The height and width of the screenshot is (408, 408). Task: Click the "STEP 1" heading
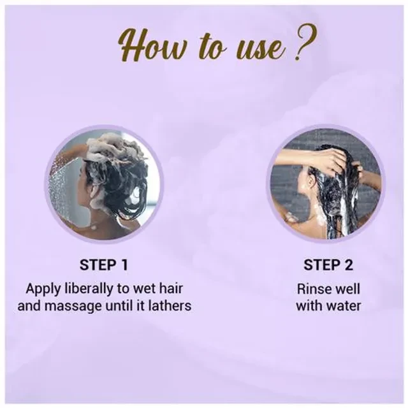pyautogui.click(x=104, y=265)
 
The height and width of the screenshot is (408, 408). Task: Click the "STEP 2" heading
pyautogui.click(x=328, y=265)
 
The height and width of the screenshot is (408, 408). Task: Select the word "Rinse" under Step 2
pyautogui.click(x=312, y=289)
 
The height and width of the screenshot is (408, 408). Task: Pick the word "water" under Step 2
pyautogui.click(x=344, y=305)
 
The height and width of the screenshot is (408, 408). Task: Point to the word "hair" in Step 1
pyautogui.click(x=171, y=289)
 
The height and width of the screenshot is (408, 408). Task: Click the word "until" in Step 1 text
pyautogui.click(x=119, y=305)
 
